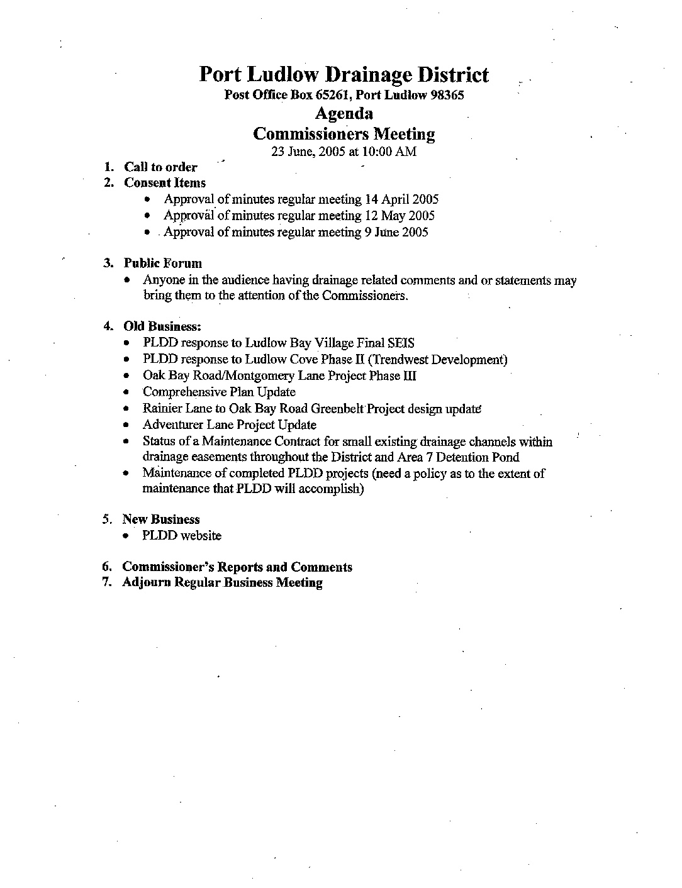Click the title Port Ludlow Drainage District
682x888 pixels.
pos(344,75)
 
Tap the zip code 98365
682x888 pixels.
pos(446,96)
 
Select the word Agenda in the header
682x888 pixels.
pos(344,114)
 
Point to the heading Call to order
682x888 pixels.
pos(160,167)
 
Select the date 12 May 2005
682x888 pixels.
pos(400,216)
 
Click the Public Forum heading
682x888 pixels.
pos(162,264)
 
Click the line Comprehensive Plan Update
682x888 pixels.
pos(219,392)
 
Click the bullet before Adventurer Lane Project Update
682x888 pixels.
pos(128,425)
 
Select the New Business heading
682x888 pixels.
pos(161,519)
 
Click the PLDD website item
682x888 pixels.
pos(182,536)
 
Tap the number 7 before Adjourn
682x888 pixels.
pos(107,582)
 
